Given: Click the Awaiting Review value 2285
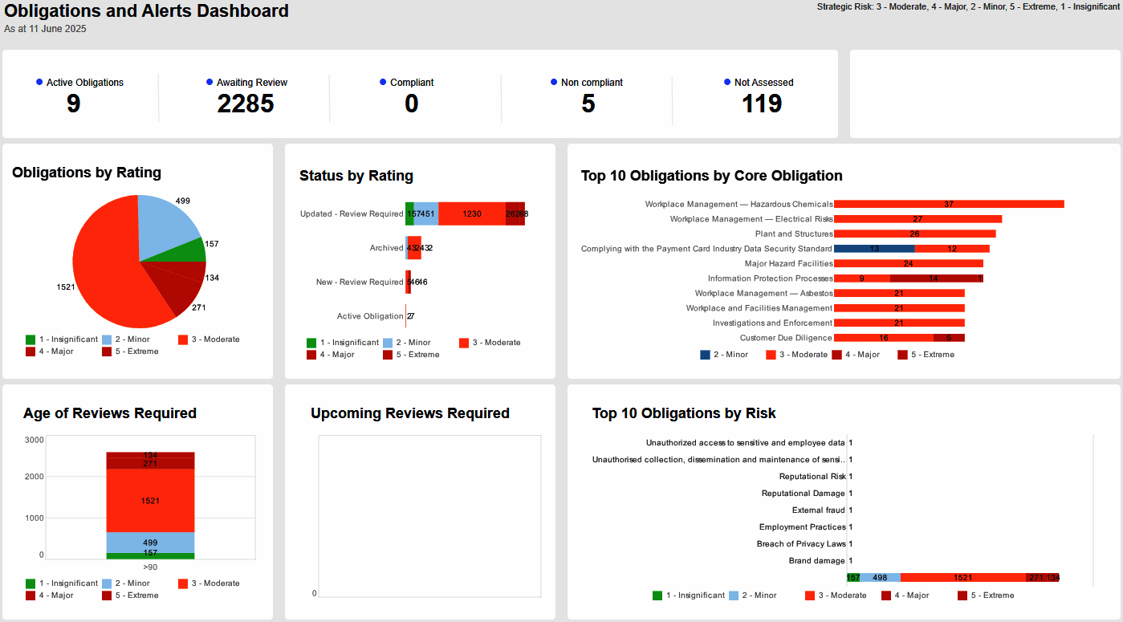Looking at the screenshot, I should [246, 104].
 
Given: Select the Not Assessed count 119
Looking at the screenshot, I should [762, 104].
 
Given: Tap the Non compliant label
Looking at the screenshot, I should [592, 83].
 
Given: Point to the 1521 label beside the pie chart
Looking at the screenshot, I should [66, 287].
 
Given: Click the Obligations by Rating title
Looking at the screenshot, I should [87, 173].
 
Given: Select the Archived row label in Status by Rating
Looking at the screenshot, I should [386, 248].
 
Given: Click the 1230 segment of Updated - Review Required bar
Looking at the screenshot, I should [472, 213].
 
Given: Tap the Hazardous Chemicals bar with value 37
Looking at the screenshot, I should [949, 204].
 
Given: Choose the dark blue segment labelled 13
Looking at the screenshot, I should [873, 249].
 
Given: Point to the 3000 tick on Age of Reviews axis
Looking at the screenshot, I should [34, 440].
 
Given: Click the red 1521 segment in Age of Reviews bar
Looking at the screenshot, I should [150, 501].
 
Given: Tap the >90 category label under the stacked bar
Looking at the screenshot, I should [150, 567].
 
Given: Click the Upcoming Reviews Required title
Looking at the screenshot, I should [409, 413].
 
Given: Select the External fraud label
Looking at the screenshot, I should [818, 510].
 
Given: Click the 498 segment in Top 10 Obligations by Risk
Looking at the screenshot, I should [880, 577].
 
